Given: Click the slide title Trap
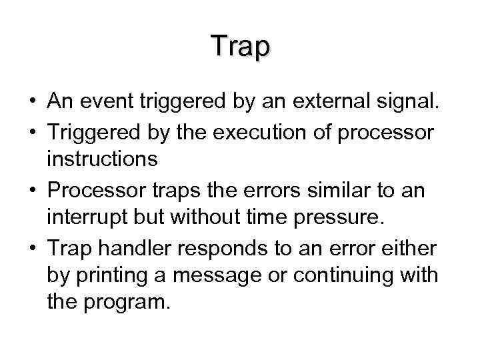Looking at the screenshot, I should [240, 46].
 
